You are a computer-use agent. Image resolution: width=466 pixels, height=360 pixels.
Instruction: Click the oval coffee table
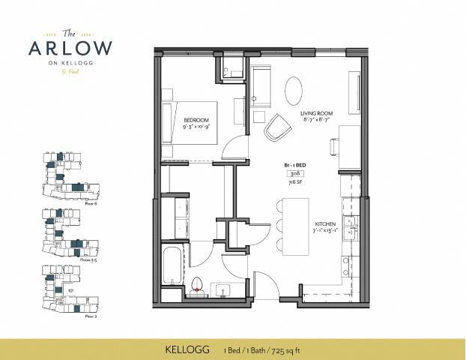[294, 90]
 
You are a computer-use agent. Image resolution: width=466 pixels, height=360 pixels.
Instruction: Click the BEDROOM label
[197, 120]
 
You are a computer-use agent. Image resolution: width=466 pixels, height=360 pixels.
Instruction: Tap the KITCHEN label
[324, 223]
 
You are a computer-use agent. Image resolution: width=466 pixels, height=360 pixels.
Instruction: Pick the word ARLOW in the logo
[70, 47]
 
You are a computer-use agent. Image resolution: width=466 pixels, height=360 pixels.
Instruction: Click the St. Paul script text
[70, 73]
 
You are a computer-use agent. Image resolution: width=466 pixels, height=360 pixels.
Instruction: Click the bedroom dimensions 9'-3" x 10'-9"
[196, 127]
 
